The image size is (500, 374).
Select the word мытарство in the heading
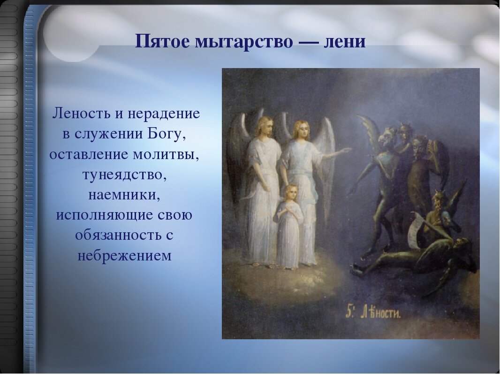pos(243,42)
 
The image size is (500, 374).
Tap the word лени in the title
pos(344,42)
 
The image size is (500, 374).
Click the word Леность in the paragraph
pos(82,113)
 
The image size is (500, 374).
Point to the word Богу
pos(166,134)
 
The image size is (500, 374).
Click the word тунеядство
pos(124,175)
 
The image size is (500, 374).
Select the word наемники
pos(124,195)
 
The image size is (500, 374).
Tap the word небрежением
pos(124,255)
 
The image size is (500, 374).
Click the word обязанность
pos(120,235)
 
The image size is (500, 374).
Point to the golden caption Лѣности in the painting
pos(380,313)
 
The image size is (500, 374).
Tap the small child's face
pos(291,193)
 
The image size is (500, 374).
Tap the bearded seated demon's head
pos(438,200)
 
